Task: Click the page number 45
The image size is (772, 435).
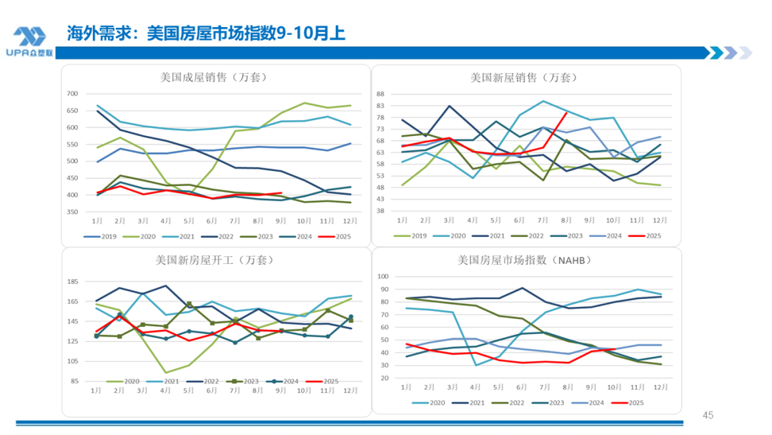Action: [708, 416]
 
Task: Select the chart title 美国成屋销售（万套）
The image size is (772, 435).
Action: [214, 77]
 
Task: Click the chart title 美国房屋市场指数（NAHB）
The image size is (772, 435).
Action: [525, 260]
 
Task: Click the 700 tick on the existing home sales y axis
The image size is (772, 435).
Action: [71, 94]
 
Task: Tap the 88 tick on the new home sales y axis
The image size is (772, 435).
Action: [380, 94]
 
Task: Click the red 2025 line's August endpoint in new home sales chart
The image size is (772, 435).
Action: [566, 112]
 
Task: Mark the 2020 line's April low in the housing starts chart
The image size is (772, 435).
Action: [166, 373]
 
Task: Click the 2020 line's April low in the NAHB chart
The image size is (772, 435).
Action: [476, 366]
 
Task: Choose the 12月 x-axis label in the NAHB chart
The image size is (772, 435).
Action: [660, 386]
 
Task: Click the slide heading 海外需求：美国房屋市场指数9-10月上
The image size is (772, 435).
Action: [207, 33]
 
